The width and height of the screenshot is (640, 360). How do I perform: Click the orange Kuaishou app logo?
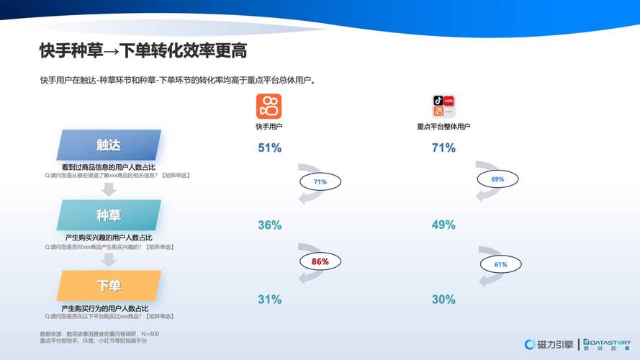[x=269, y=107]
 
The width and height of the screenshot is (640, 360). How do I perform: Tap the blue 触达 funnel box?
[x=109, y=145]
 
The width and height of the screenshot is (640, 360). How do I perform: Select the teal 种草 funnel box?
[x=109, y=215]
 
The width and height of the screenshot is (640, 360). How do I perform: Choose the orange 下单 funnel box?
[x=109, y=286]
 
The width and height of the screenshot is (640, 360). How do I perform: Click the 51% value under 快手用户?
[x=269, y=148]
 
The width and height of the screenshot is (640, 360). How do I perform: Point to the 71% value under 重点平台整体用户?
[x=443, y=148]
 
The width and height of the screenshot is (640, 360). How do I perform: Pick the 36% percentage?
[x=269, y=225]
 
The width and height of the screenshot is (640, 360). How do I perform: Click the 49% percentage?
[x=443, y=225]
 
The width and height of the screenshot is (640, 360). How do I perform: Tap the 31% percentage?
[x=269, y=300]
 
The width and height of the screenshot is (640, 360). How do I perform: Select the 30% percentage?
[x=443, y=300]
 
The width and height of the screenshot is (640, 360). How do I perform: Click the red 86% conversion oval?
[x=320, y=262]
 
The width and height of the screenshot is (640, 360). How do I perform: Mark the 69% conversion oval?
[x=497, y=179]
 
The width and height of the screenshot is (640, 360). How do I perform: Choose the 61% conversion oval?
[x=500, y=264]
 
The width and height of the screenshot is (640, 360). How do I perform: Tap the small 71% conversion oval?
[x=320, y=182]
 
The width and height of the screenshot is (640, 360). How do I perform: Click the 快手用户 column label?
[x=269, y=127]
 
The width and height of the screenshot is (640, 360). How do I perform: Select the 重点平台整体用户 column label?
[x=443, y=127]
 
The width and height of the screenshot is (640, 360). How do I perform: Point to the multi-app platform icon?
[x=443, y=107]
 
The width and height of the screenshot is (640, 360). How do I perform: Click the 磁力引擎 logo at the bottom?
[x=549, y=344]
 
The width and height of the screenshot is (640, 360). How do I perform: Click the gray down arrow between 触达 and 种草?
[x=109, y=189]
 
